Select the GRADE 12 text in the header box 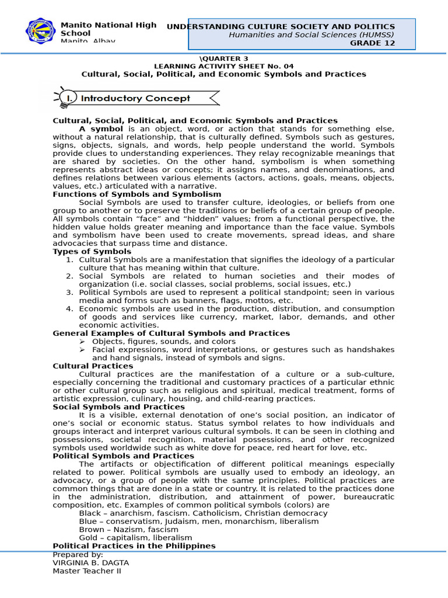tap(372, 43)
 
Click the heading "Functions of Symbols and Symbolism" tap(136, 194)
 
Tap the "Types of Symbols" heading tap(92, 251)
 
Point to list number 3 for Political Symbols tap(69, 292)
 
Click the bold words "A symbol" tap(101, 128)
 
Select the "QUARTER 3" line tap(223, 58)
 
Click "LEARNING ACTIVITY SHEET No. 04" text tap(224, 66)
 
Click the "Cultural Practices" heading tap(93, 366)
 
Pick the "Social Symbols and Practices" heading tap(118, 406)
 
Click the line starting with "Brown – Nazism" tap(128, 529)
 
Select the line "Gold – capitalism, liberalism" tap(135, 537)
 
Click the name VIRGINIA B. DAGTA tap(90, 562)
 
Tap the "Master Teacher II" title tap(87, 571)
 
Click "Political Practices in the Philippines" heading tap(134, 545)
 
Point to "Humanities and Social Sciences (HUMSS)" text tap(303, 34)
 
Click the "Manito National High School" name tap(108, 29)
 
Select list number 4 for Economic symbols tap(69, 308)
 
